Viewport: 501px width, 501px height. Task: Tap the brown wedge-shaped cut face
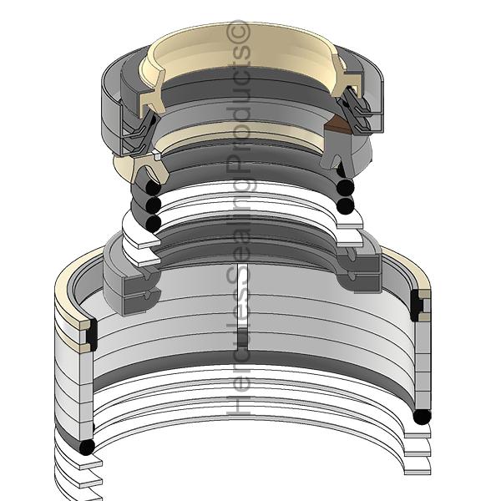click(337, 125)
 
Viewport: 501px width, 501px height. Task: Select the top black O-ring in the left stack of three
click(153, 187)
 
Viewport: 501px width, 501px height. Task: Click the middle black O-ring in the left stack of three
click(153, 205)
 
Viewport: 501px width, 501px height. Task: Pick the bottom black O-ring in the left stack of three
click(153, 222)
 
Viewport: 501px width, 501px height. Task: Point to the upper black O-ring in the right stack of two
click(346, 186)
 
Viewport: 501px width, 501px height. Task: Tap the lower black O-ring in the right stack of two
click(346, 205)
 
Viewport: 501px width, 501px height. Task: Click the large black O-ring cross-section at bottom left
click(87, 447)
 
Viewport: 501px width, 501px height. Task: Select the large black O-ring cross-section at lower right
click(422, 417)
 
